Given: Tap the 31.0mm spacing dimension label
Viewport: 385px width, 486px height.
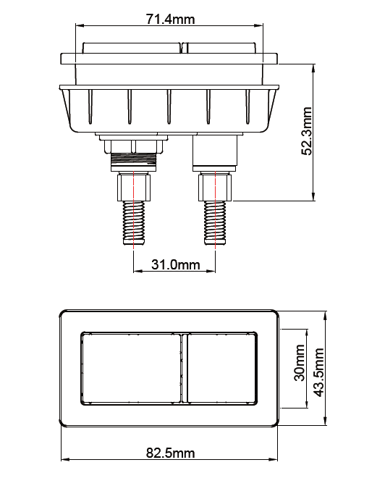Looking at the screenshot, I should pyautogui.click(x=175, y=265).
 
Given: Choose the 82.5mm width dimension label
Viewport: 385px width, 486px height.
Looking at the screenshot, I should pyautogui.click(x=170, y=453).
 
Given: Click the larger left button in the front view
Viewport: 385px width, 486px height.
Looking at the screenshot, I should pyautogui.click(x=131, y=367).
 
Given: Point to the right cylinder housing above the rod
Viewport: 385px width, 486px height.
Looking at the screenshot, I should pyautogui.click(x=215, y=152).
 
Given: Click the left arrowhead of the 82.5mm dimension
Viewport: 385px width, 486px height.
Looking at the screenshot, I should pyautogui.click(x=63, y=459).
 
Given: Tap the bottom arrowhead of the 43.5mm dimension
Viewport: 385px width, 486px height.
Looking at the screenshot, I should pyautogui.click(x=326, y=423).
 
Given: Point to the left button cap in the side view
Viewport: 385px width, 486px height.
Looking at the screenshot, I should pyautogui.click(x=131, y=48).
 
